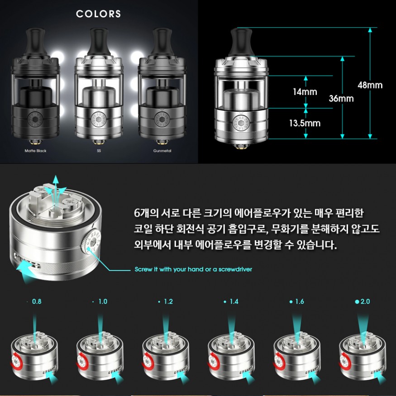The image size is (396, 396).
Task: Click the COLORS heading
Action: click(98, 14)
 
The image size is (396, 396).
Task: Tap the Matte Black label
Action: click(36, 151)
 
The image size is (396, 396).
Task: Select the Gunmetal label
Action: click(162, 151)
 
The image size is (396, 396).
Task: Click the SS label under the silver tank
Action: click(99, 151)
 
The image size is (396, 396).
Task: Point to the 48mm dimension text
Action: click(370, 85)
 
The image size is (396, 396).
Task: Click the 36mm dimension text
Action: click(341, 98)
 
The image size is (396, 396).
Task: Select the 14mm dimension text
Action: click(305, 92)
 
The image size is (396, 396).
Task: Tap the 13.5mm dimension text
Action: click(305, 123)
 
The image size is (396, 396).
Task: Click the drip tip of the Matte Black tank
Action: click(35, 42)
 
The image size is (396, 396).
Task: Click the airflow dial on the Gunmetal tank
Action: click(162, 119)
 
